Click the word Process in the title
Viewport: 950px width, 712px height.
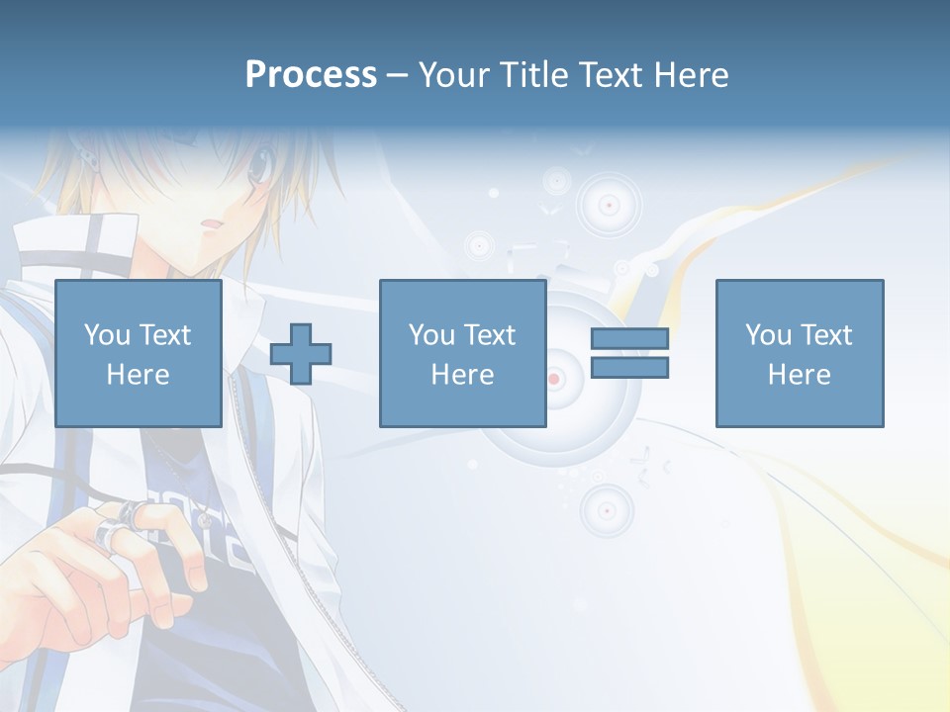click(311, 75)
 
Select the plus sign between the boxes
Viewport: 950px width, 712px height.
click(301, 354)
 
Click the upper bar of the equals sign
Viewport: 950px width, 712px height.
click(629, 338)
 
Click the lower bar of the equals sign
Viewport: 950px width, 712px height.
click(629, 368)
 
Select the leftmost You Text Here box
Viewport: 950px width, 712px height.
click(138, 353)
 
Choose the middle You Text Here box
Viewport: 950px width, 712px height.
click(462, 353)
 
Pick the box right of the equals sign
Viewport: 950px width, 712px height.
click(799, 353)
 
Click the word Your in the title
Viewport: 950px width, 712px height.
click(454, 75)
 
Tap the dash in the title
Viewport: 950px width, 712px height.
click(397, 75)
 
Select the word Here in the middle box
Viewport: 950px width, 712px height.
click(462, 375)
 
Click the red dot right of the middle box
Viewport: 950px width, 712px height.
click(554, 379)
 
